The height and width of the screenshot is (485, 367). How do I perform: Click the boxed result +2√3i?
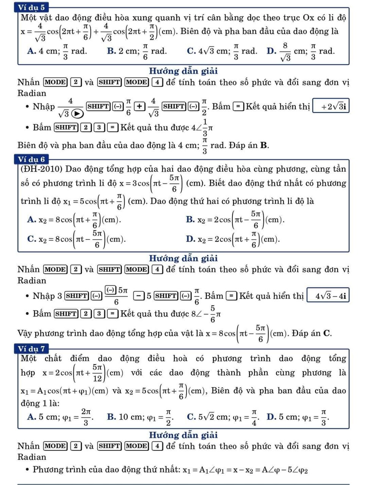[x=331, y=107]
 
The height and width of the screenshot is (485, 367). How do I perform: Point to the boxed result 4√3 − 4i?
[x=328, y=296]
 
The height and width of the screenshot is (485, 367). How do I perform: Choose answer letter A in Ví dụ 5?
[x=31, y=51]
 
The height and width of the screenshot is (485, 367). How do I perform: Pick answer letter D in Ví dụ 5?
[x=271, y=51]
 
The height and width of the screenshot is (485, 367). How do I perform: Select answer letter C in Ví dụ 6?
[x=31, y=239]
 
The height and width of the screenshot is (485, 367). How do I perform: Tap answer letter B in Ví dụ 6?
[x=190, y=220]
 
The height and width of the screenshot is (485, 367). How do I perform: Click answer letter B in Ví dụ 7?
[x=111, y=417]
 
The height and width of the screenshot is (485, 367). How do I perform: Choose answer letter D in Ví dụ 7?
[x=271, y=417]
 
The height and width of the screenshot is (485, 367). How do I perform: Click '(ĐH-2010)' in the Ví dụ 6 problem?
[x=41, y=169]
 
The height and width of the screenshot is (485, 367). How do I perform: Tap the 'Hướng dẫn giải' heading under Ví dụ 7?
[x=183, y=435]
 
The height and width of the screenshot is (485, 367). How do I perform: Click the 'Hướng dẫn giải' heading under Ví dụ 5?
[x=183, y=71]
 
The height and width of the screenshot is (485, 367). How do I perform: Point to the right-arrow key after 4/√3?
[x=77, y=113]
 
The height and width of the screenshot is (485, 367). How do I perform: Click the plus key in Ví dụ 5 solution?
[x=140, y=106]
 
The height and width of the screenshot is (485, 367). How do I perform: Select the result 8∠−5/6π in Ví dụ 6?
[x=206, y=314]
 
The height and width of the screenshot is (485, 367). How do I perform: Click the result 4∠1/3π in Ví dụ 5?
[x=202, y=128]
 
